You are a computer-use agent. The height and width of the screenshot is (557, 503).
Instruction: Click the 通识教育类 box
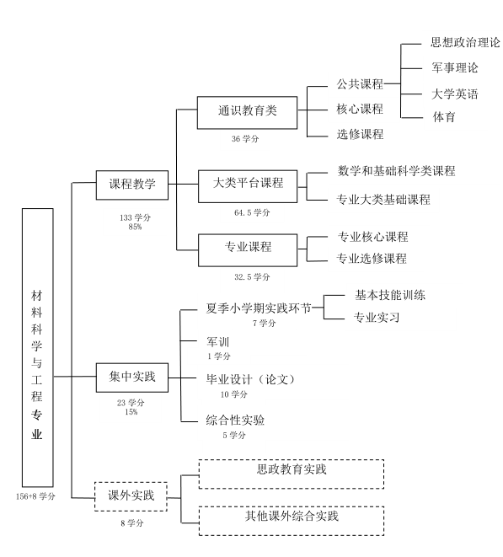click(x=247, y=112)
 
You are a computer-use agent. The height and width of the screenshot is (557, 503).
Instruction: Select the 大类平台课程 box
click(x=248, y=186)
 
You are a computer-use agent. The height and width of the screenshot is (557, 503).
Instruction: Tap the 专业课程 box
click(x=248, y=250)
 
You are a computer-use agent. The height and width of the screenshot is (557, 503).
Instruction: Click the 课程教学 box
click(x=132, y=185)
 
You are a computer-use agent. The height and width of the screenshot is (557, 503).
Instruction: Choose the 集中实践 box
click(x=132, y=378)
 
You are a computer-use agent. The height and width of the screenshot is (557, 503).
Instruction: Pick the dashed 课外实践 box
click(x=131, y=496)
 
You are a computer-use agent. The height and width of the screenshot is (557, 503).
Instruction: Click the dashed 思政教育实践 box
click(x=292, y=474)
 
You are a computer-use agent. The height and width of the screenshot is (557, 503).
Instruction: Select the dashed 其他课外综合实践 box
click(x=292, y=521)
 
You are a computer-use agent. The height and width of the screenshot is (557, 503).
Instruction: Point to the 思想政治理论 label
click(x=466, y=42)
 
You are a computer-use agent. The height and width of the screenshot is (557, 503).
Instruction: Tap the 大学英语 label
click(x=455, y=94)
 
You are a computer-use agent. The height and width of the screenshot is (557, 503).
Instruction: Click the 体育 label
click(x=444, y=117)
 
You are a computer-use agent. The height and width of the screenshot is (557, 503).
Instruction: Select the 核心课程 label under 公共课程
click(x=360, y=109)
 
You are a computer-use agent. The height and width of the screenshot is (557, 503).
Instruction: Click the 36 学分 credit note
click(x=245, y=139)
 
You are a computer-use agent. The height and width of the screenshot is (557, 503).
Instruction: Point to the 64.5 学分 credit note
click(x=252, y=213)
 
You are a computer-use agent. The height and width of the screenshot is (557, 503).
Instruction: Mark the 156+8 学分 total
click(x=35, y=496)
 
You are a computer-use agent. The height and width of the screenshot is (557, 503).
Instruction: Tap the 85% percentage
click(x=135, y=227)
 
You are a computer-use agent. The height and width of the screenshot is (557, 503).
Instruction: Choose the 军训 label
click(x=217, y=342)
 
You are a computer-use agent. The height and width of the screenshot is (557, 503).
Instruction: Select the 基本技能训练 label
click(x=390, y=295)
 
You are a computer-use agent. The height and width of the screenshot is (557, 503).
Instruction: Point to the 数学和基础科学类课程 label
click(x=396, y=171)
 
